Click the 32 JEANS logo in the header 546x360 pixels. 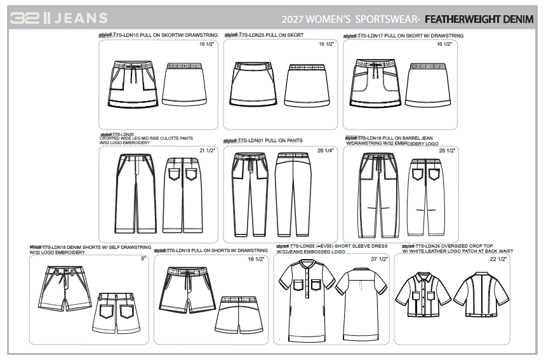58,18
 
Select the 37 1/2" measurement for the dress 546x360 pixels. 379,259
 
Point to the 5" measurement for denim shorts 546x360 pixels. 143,259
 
